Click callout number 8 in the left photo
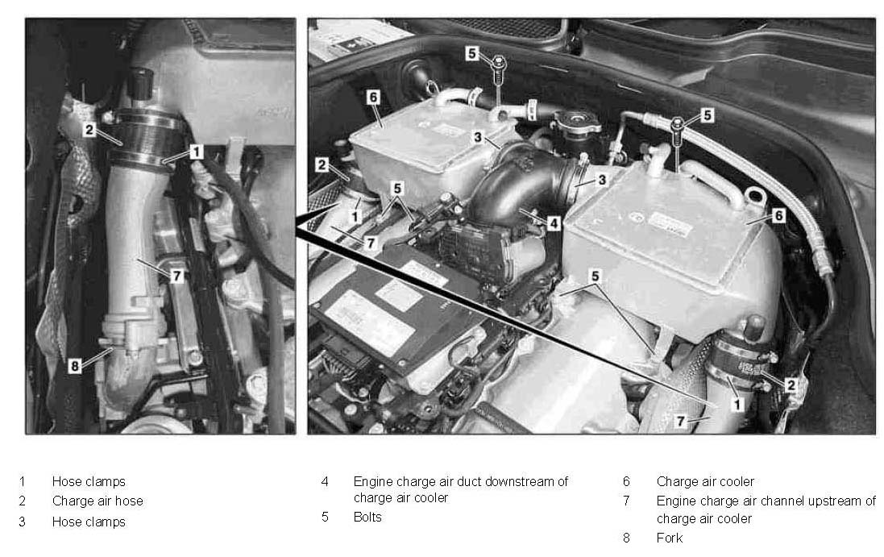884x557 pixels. [x=74, y=366]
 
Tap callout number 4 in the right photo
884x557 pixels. [x=554, y=223]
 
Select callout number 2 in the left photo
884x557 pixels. [x=89, y=130]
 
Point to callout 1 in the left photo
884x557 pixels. [x=196, y=152]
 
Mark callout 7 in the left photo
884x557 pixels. [x=177, y=275]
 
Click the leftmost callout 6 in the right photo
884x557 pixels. [x=372, y=97]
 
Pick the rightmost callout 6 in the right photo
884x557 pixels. [x=778, y=214]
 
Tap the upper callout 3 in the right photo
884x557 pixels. [x=478, y=137]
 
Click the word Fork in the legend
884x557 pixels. [x=669, y=538]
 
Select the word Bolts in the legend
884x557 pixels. [x=367, y=517]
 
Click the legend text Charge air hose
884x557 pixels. [x=98, y=501]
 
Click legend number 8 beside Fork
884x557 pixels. [x=626, y=538]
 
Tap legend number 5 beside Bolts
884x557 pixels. [x=325, y=517]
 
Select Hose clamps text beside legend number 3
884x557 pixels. [x=89, y=522]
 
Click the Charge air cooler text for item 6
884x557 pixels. [x=705, y=481]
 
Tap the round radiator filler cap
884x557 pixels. [x=577, y=120]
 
